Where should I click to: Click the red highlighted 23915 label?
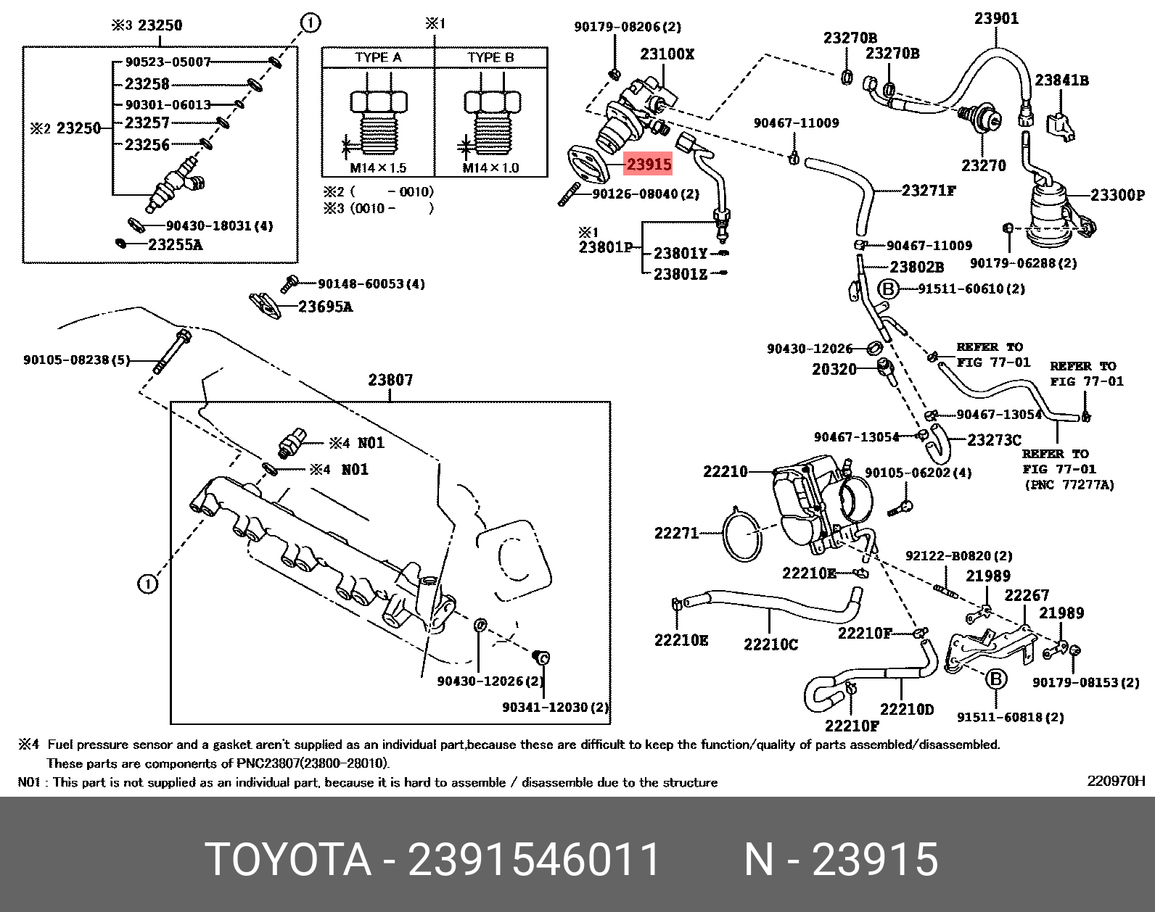point(649,165)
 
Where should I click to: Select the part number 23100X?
point(667,54)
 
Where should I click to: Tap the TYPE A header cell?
point(378,57)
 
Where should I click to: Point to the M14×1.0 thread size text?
point(491,168)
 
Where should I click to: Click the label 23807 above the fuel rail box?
point(390,380)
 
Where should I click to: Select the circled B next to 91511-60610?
point(888,289)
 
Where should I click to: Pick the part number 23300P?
point(1117,195)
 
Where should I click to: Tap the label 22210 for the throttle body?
point(725,472)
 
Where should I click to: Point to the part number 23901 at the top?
point(996,18)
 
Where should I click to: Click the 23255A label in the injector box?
point(175,245)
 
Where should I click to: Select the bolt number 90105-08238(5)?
point(76,360)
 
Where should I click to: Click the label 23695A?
point(325,307)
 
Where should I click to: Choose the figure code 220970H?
point(1115,781)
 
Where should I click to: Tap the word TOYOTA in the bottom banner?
point(288,860)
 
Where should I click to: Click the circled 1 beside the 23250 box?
point(310,24)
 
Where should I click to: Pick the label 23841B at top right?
point(1061,80)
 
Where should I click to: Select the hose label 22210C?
point(770,644)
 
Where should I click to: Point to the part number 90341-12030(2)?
point(555,707)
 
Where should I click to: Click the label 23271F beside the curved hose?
point(929,191)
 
